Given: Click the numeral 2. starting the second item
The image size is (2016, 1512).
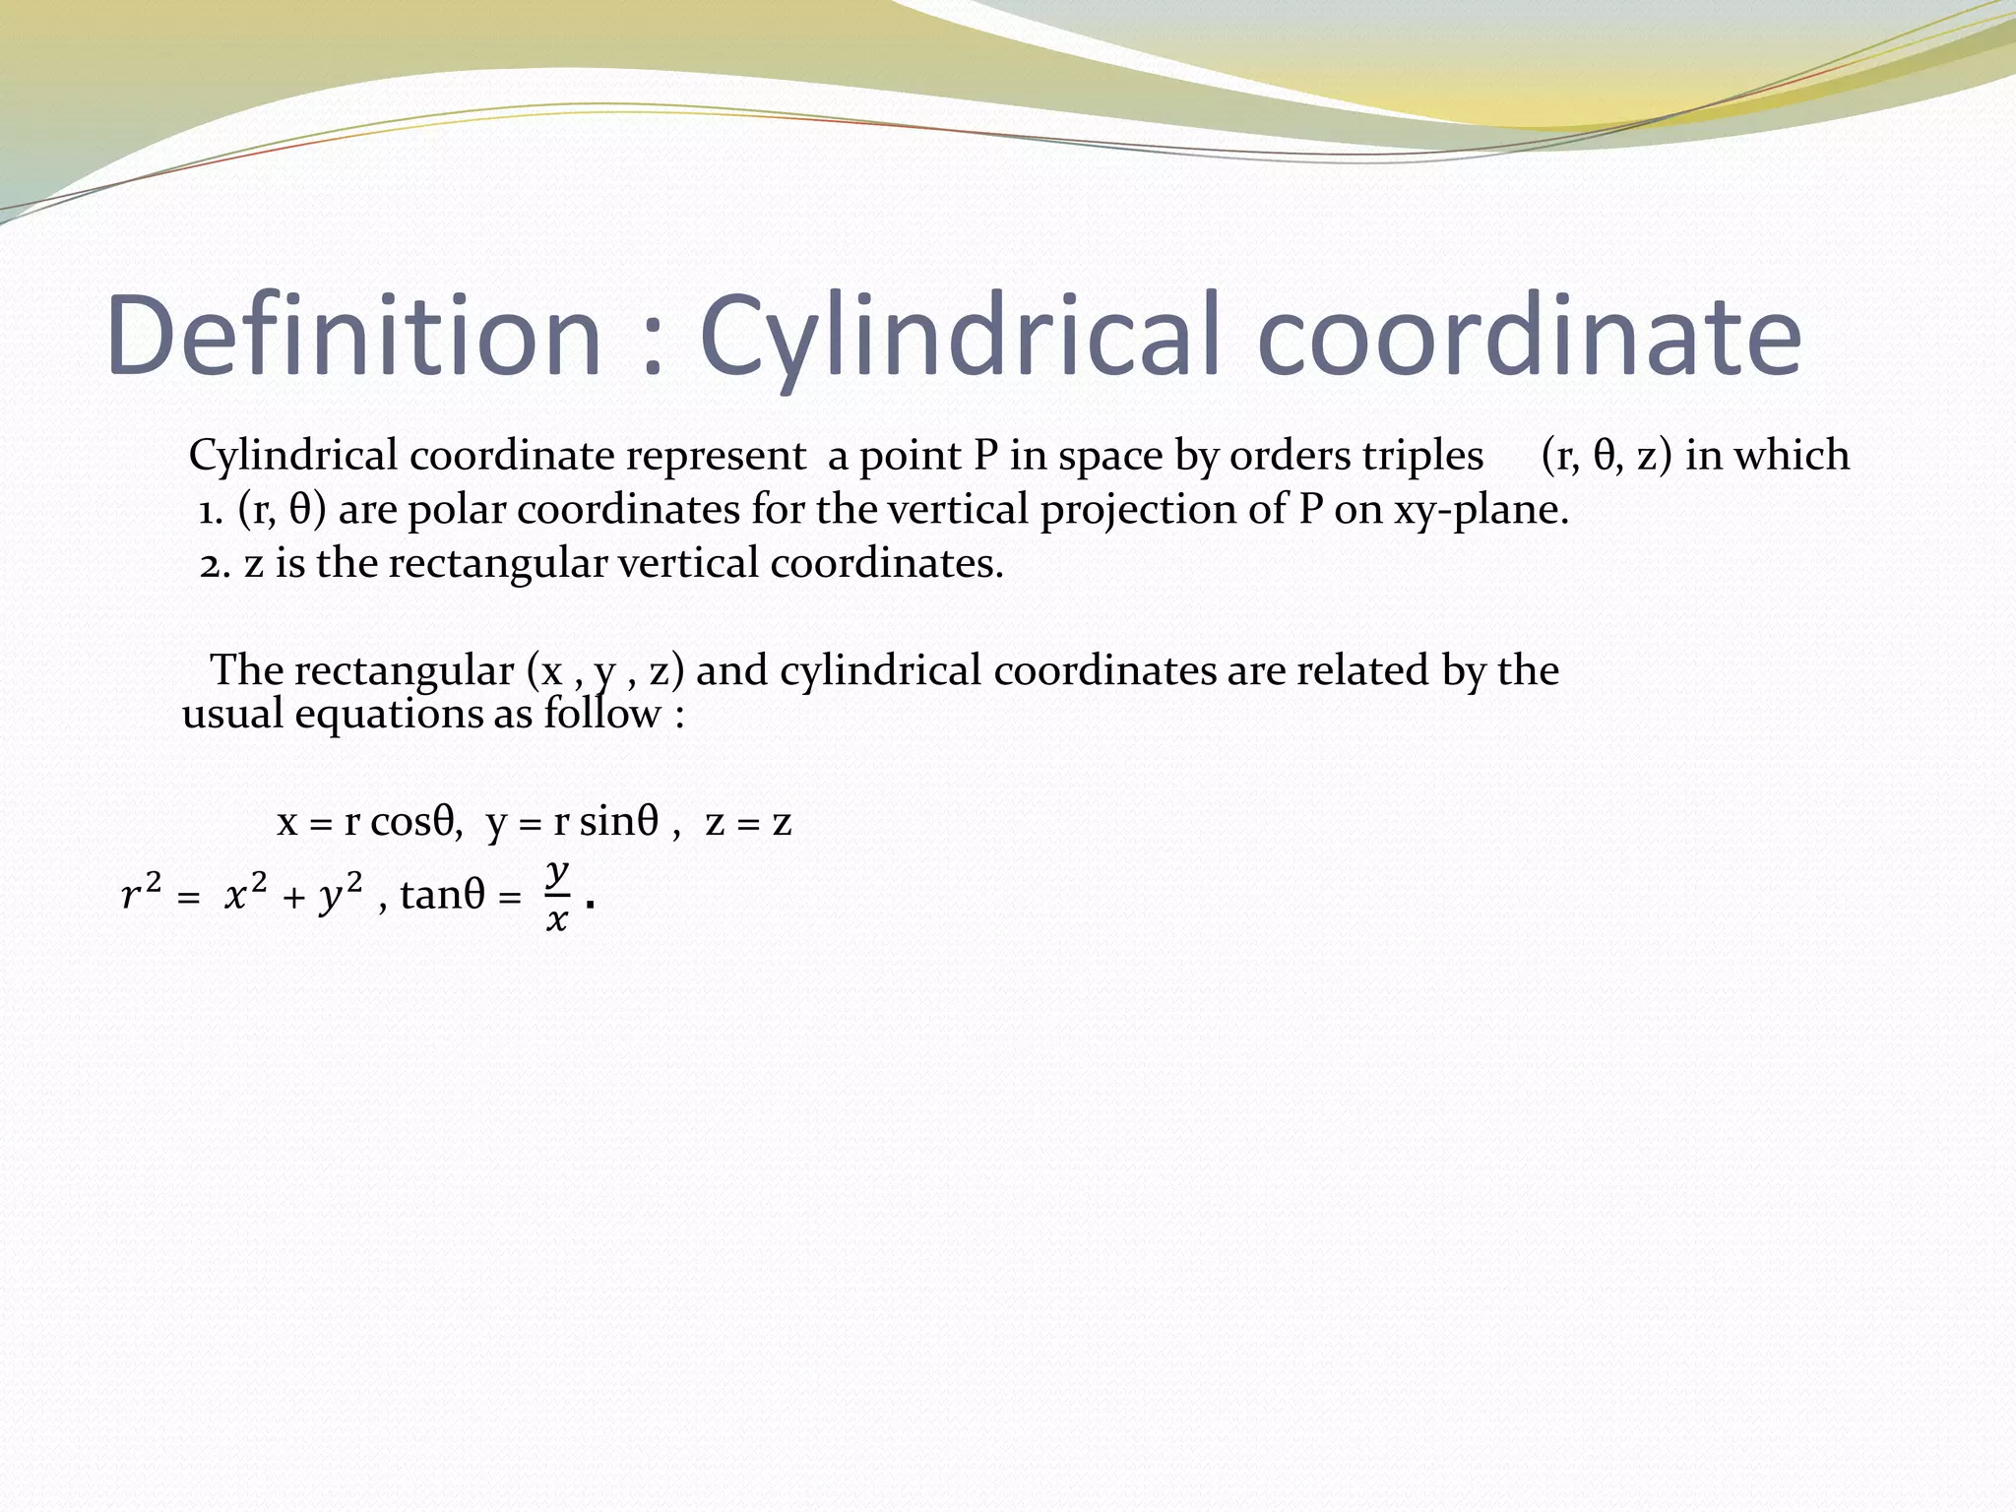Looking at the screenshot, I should (215, 564).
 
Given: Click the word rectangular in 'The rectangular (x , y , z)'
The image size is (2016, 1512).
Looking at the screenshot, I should (404, 671).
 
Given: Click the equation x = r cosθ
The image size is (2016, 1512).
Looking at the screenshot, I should (369, 822).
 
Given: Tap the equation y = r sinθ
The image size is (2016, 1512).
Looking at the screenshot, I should (572, 822).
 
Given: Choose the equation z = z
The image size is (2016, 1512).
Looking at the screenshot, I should (748, 822).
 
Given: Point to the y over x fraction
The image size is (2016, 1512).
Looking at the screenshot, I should (557, 895).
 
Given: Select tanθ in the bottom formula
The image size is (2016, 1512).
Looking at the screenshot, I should (442, 895).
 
